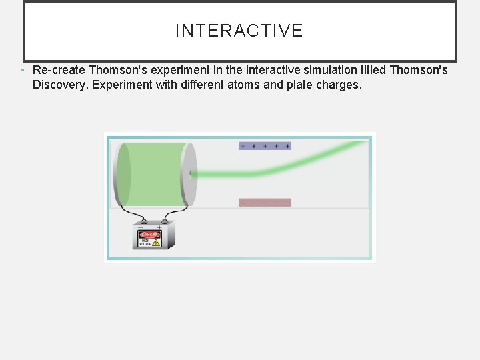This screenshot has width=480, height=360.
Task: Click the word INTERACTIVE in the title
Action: pos(239,31)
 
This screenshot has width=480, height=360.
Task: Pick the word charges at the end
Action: pos(337,85)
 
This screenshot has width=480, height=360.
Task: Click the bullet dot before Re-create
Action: pos(23,70)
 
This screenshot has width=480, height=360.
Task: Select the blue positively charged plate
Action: pos(265,145)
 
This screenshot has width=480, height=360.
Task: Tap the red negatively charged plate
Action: pos(265,202)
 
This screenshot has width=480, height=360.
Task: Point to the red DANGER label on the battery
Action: pos(149,235)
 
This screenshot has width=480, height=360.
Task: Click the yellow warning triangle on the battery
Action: pos(156,243)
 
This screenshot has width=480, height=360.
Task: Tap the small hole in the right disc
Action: pos(191,175)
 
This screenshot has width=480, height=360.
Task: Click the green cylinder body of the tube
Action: pos(152,175)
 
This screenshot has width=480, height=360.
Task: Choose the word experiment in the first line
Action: pos(174,70)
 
